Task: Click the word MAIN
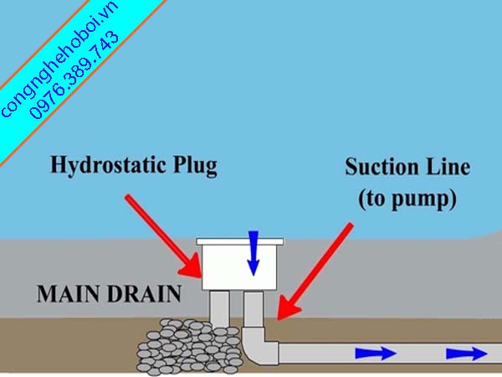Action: (65, 294)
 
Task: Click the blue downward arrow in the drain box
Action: (254, 253)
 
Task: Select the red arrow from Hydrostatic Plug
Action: (163, 234)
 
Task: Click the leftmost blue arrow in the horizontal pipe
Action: (374, 353)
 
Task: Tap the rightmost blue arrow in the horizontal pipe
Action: (465, 353)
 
